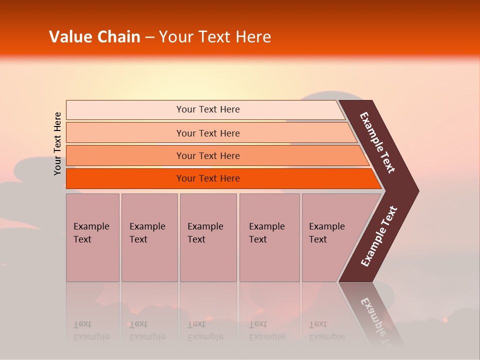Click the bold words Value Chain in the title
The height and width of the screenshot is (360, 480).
pos(94,37)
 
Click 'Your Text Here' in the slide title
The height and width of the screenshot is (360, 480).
pos(215,37)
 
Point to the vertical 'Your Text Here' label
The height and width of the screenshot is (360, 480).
pos(58,143)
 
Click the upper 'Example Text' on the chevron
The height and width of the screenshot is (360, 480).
pos(377,143)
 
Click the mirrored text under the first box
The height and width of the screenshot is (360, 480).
pos(91,330)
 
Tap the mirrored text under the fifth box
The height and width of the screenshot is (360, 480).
pos(327,330)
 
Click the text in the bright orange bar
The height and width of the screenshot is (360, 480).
pos(208,178)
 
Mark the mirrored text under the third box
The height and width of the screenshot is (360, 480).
pos(205,330)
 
